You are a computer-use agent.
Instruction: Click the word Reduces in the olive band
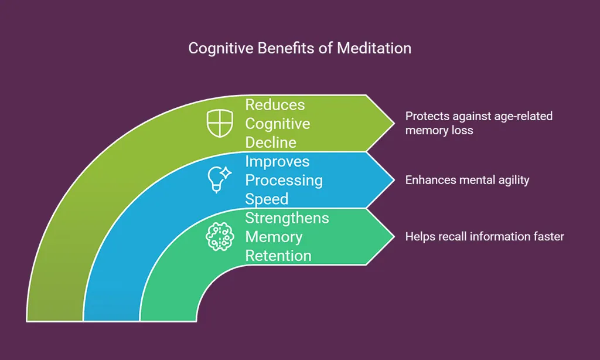(x=275, y=105)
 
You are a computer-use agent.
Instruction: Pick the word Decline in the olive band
(x=271, y=142)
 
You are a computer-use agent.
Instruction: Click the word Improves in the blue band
(x=277, y=161)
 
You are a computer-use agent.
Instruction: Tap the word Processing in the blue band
(x=284, y=180)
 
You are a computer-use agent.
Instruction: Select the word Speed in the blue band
(x=267, y=199)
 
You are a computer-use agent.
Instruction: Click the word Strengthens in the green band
(x=287, y=218)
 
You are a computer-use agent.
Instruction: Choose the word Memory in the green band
(x=274, y=237)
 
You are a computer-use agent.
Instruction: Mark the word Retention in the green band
(x=278, y=256)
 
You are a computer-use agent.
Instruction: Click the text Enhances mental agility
(x=467, y=180)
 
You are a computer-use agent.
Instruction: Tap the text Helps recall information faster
(x=485, y=236)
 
